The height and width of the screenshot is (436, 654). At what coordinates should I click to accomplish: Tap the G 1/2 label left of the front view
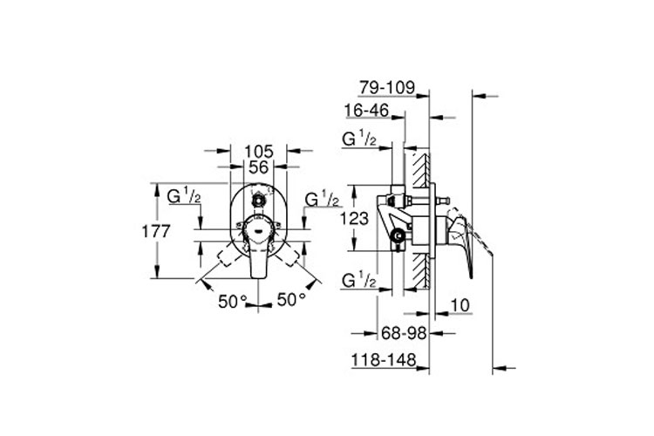click(185, 197)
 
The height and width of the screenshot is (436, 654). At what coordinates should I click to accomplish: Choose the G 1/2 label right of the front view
click(322, 200)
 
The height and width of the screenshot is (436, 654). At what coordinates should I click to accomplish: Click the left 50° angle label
click(233, 300)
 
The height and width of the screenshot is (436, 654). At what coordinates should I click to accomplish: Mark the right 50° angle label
click(290, 300)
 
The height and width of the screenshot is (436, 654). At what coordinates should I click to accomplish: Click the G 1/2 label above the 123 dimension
click(358, 140)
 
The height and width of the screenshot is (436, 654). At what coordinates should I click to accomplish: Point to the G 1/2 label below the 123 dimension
click(358, 281)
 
